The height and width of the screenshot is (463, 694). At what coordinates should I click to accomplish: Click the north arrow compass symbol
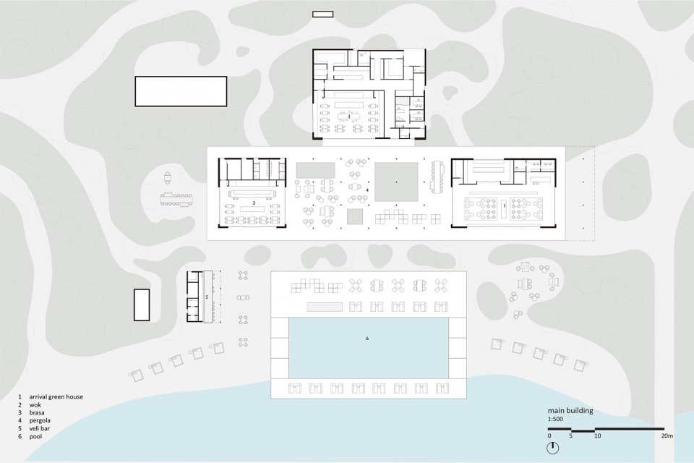click(x=552, y=448)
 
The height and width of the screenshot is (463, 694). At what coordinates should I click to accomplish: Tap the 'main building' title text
click(x=570, y=411)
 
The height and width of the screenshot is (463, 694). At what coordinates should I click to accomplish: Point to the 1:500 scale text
click(x=555, y=419)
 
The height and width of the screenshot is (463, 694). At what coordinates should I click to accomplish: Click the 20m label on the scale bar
click(x=667, y=436)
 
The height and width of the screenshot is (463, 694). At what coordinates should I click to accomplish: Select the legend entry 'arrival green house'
click(x=56, y=397)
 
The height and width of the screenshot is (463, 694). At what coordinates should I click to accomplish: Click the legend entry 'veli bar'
click(x=39, y=428)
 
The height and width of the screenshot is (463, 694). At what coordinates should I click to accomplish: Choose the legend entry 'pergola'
click(x=40, y=420)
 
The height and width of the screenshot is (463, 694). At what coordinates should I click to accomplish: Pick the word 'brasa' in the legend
click(x=37, y=412)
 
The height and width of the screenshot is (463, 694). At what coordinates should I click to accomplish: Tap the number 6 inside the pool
click(x=367, y=339)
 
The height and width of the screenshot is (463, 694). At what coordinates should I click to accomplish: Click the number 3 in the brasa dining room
click(x=348, y=116)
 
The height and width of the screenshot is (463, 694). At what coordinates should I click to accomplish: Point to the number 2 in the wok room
click(x=254, y=203)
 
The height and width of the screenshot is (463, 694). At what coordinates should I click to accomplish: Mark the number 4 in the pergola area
click(x=367, y=190)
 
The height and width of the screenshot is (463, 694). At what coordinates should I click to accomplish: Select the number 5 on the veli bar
click(x=207, y=297)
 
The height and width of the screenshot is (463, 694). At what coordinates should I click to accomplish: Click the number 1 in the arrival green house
click(x=505, y=206)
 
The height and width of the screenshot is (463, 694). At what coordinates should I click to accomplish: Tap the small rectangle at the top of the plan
click(x=322, y=14)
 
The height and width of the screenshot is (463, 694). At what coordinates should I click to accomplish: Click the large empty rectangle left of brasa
click(x=181, y=91)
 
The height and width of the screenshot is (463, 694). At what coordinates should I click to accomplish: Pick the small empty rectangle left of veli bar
click(x=142, y=305)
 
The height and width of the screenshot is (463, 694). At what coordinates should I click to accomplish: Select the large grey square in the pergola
click(x=397, y=182)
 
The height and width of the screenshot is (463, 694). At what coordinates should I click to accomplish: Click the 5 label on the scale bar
click(x=571, y=436)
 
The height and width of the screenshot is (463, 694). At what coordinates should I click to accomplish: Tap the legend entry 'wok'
click(x=35, y=405)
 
